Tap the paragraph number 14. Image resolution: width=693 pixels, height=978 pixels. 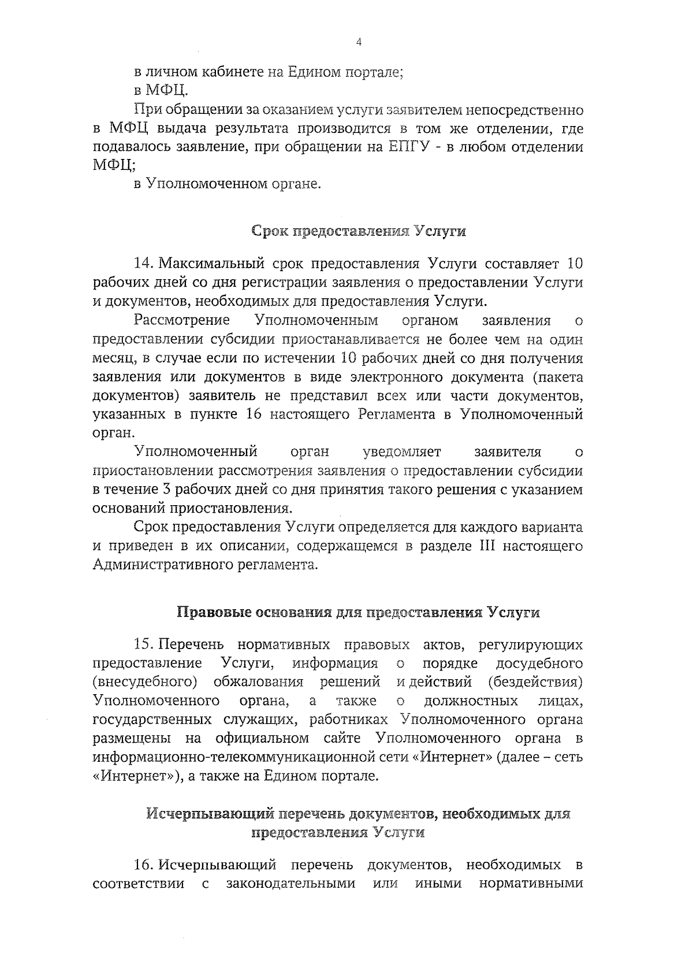point(142,264)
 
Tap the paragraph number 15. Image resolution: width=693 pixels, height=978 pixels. point(142,644)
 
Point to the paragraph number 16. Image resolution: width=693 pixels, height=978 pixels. point(142,865)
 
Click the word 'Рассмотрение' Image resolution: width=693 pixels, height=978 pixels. point(182,320)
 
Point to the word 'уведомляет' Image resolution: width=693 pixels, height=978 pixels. point(401,451)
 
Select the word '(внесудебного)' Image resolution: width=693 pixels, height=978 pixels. point(144,682)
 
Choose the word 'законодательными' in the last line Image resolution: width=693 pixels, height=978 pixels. point(290,884)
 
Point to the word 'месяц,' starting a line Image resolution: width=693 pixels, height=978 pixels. point(113,358)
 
